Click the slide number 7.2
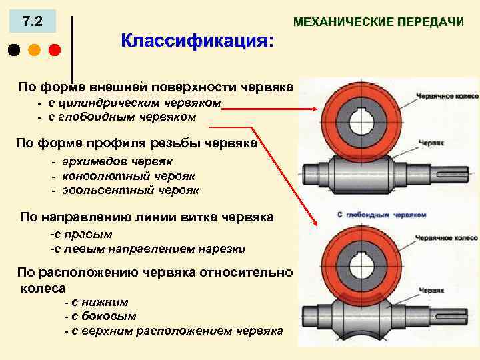click(32, 22)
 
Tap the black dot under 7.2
click(14, 50)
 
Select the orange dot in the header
click(34, 50)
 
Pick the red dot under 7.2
click(54, 50)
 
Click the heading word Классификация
click(197, 41)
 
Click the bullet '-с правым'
click(81, 235)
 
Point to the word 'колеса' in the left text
click(43, 288)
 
